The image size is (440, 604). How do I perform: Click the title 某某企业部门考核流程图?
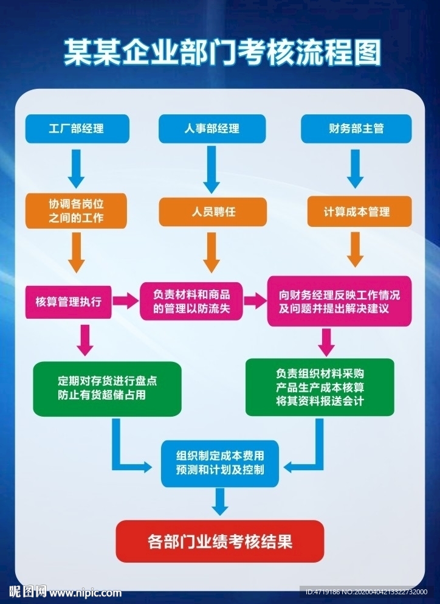click(x=222, y=53)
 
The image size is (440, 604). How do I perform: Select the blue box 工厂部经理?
click(x=77, y=128)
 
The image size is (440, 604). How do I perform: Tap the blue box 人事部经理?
click(x=211, y=128)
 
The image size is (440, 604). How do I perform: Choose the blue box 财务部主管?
click(x=356, y=128)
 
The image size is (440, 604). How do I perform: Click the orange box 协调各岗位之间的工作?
click(x=77, y=210)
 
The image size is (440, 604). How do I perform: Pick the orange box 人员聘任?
click(x=213, y=212)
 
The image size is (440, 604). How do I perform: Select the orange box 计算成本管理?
click(x=356, y=212)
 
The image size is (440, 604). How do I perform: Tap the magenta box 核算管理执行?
click(x=69, y=301)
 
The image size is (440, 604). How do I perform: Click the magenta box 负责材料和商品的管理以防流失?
click(x=191, y=301)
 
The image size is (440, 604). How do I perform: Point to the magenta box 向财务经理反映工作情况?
click(x=339, y=301)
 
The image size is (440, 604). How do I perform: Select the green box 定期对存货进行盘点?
click(x=107, y=389)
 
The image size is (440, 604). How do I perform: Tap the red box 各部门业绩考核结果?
click(x=220, y=540)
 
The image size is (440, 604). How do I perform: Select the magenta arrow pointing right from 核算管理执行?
click(x=126, y=300)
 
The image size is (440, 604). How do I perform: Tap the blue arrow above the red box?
click(x=221, y=502)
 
